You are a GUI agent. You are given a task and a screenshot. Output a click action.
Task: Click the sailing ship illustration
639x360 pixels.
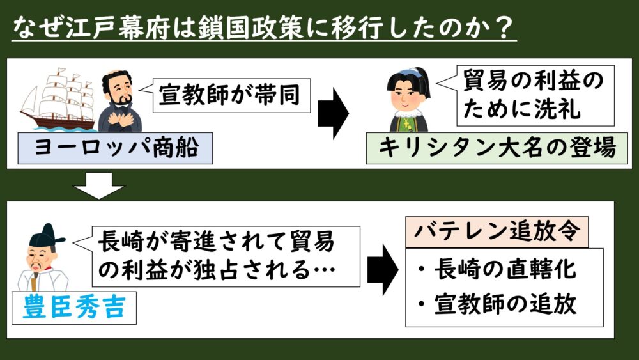click(x=58, y=99)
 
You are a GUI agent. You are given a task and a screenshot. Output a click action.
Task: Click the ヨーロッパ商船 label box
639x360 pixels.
click(x=115, y=148)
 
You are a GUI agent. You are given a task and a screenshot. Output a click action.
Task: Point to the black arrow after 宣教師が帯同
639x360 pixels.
click(x=334, y=113)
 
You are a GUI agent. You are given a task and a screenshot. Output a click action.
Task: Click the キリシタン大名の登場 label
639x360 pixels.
click(x=497, y=148)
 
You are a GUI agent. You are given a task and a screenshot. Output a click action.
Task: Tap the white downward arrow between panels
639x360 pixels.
click(x=98, y=186)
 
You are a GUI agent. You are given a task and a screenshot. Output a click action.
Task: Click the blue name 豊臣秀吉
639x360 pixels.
click(x=74, y=308)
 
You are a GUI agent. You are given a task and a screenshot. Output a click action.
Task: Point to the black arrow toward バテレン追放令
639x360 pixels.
click(x=383, y=270)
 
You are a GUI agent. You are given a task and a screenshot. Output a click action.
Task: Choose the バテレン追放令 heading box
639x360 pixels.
click(x=497, y=231)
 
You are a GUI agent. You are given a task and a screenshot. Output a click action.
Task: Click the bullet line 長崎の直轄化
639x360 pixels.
click(x=497, y=269)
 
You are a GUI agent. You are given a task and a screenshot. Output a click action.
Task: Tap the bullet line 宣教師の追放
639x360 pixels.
click(x=497, y=304)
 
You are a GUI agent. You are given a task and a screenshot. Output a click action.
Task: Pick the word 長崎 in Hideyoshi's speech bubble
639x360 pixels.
click(x=121, y=241)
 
